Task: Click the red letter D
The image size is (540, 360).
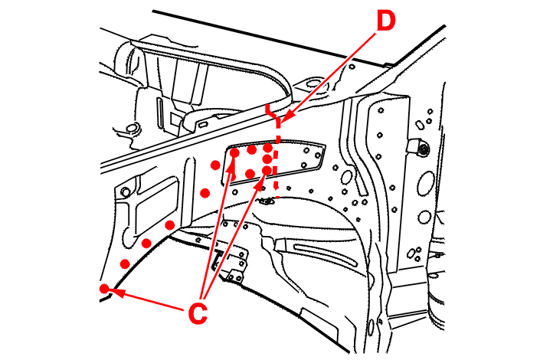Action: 385,21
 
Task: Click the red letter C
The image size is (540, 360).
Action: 198,313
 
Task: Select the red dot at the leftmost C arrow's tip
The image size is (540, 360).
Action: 104,289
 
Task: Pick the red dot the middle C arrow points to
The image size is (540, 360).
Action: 234,153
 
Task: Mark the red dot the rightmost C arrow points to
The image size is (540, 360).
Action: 266,170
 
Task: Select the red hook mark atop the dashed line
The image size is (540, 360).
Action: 270,111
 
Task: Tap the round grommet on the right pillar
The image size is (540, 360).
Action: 420,148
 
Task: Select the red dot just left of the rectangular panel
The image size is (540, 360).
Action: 215,165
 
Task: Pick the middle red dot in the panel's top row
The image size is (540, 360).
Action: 251,149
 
